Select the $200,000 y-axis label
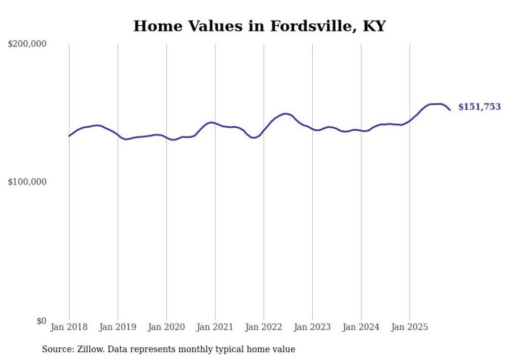pos(27,44)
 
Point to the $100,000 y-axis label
pos(27,182)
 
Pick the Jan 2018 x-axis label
pos(69,327)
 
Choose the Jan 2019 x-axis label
pos(117,327)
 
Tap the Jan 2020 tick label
pos(166,327)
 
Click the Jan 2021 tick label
pos(215,327)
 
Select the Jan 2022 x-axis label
pos(264,327)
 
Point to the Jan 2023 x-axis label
pos(312,327)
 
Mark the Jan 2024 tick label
pos(361,327)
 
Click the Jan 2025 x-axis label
pos(410,327)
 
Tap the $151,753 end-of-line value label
pos(479,107)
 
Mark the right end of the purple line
pos(450,110)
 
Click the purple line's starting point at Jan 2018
pos(69,136)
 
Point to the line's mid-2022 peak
pos(284,114)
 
